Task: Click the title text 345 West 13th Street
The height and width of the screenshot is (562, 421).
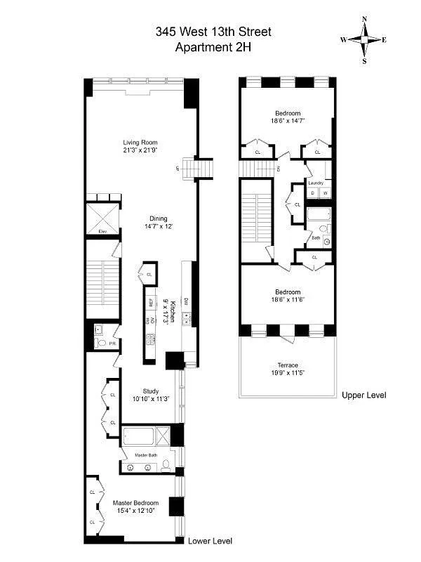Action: pyautogui.click(x=213, y=32)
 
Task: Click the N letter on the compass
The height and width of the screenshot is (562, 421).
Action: pyautogui.click(x=364, y=19)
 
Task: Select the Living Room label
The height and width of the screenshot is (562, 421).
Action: pyautogui.click(x=138, y=143)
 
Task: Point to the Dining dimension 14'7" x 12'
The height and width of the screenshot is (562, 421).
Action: pyautogui.click(x=158, y=227)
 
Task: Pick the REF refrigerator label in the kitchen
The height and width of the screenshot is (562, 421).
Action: pyautogui.click(x=150, y=303)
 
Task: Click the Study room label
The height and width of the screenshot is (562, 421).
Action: pyautogui.click(x=151, y=391)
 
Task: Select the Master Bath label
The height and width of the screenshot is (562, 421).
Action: pyautogui.click(x=148, y=455)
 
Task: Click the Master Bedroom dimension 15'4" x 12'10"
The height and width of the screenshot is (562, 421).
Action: pyautogui.click(x=136, y=511)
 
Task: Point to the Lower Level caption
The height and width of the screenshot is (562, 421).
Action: pyautogui.click(x=210, y=541)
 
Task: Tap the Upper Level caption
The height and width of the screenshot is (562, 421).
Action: pyautogui.click(x=364, y=396)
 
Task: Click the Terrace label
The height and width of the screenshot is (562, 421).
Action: pyautogui.click(x=288, y=366)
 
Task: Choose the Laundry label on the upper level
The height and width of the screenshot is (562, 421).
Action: pyautogui.click(x=316, y=183)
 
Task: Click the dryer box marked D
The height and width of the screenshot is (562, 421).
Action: pyautogui.click(x=313, y=192)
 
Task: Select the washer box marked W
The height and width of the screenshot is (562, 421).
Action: pyautogui.click(x=324, y=192)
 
